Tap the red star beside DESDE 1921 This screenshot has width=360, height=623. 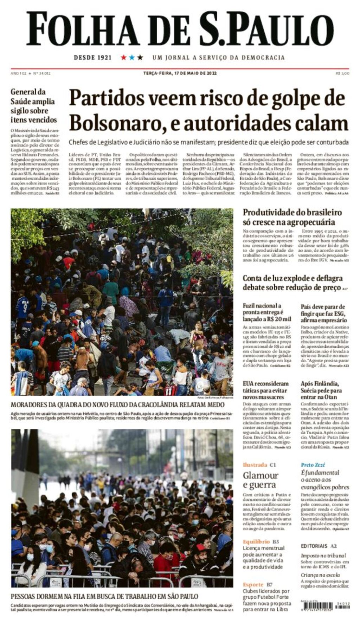(124, 57)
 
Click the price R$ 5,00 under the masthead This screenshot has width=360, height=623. (342, 73)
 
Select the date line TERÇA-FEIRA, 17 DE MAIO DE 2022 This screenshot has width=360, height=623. (180, 73)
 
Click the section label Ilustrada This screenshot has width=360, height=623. (255, 465)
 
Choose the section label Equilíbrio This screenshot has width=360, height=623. (256, 541)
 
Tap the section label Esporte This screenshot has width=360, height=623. (253, 584)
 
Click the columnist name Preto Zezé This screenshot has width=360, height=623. (313, 465)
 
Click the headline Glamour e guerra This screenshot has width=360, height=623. (260, 480)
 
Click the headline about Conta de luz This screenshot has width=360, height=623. (292, 283)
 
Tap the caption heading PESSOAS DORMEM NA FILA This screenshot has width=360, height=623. (104, 596)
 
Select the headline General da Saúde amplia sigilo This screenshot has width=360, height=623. (33, 105)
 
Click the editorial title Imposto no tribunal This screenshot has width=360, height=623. (323, 555)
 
